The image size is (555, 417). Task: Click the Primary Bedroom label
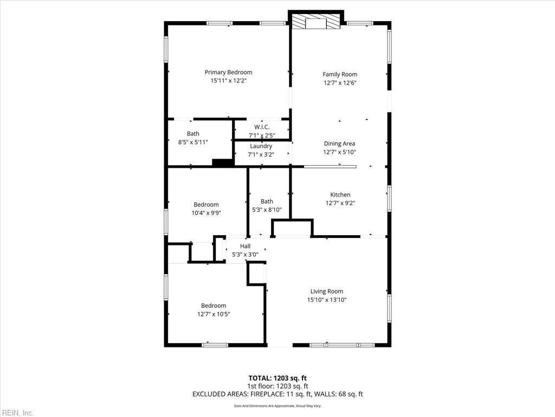tap(228, 72)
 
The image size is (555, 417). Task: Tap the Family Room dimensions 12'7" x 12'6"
tap(340, 83)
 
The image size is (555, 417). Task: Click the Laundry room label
tap(261, 146)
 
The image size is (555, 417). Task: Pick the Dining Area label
tap(340, 144)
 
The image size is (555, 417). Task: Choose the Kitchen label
tap(340, 194)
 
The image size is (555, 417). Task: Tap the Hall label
tap(245, 246)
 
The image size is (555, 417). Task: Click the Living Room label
tap(326, 291)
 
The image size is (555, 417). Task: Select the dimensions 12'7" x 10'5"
tap(214, 314)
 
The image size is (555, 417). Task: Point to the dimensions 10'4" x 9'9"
tap(206, 213)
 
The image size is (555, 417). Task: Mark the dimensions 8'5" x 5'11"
tap(193, 142)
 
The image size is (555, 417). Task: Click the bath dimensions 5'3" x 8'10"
tap(267, 210)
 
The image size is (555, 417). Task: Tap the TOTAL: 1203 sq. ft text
tap(277, 378)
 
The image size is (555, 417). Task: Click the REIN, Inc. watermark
tap(17, 413)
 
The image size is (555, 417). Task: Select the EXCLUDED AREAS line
tap(277, 394)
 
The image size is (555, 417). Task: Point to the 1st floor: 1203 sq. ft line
tap(277, 386)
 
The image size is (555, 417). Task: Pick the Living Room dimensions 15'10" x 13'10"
tap(326, 300)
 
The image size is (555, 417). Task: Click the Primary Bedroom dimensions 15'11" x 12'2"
tap(228, 81)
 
